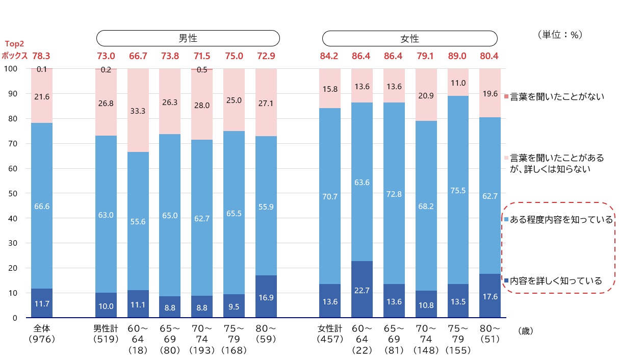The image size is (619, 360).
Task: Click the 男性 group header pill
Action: [188, 38]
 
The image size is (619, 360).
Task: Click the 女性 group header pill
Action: [410, 38]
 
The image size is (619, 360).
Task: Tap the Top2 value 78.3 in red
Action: [41, 56]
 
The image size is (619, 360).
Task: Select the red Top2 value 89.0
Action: [457, 56]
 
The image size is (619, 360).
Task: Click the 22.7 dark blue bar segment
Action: [362, 289]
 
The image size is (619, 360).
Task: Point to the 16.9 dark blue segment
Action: [266, 296]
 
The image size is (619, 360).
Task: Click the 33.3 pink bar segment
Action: [138, 110]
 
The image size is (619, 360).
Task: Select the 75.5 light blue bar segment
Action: [458, 190]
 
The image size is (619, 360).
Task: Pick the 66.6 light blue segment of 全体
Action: [42, 206]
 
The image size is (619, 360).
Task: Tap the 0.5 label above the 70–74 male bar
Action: [202, 70]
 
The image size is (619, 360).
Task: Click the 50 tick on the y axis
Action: [13, 193]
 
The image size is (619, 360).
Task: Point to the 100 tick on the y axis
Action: [11, 68]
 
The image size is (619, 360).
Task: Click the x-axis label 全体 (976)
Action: [42, 334]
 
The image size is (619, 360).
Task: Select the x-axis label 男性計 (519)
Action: [106, 334]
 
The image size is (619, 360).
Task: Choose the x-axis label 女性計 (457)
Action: [330, 334]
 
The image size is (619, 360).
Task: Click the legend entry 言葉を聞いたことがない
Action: [554, 97]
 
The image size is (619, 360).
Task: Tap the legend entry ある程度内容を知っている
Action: [558, 219]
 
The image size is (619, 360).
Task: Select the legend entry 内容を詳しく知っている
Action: [553, 280]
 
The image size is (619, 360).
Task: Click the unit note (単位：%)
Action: [560, 35]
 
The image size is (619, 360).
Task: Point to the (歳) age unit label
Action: [525, 331]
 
